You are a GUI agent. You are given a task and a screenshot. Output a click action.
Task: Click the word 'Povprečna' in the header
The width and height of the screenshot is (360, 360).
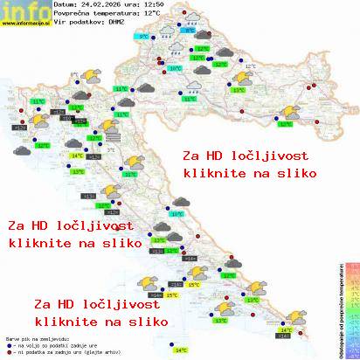(x=73, y=13)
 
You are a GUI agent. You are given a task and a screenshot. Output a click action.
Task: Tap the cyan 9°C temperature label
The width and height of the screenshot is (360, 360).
(x=143, y=38)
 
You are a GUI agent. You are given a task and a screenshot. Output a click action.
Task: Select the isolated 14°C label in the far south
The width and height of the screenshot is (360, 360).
(x=181, y=350)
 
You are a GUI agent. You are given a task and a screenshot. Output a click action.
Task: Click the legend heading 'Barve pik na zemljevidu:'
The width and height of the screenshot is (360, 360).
(x=35, y=336)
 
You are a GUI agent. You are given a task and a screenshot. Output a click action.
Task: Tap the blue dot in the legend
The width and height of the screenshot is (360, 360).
(x=8, y=342)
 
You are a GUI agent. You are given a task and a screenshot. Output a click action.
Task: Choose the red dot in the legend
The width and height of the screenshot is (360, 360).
(x=8, y=348)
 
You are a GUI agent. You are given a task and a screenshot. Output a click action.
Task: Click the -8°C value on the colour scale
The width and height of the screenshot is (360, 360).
(x=351, y=350)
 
